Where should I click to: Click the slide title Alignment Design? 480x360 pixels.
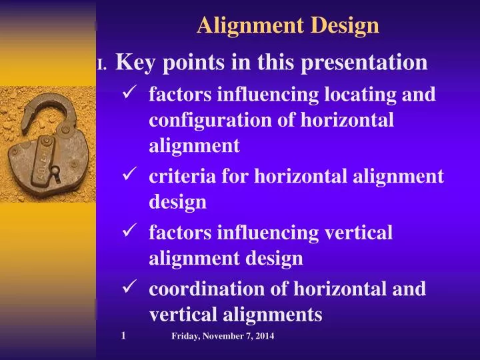pyautogui.click(x=288, y=25)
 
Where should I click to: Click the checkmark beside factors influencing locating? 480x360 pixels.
pyautogui.click(x=131, y=93)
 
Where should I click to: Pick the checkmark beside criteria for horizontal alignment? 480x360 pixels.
pyautogui.click(x=131, y=175)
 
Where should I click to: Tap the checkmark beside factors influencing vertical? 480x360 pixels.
pyautogui.click(x=131, y=231)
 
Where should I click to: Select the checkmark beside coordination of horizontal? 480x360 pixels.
pyautogui.click(x=131, y=288)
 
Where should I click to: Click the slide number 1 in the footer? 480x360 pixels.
pyautogui.click(x=124, y=336)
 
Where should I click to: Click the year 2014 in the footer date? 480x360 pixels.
pyautogui.click(x=264, y=337)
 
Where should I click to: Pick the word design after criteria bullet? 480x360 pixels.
pyautogui.click(x=177, y=202)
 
